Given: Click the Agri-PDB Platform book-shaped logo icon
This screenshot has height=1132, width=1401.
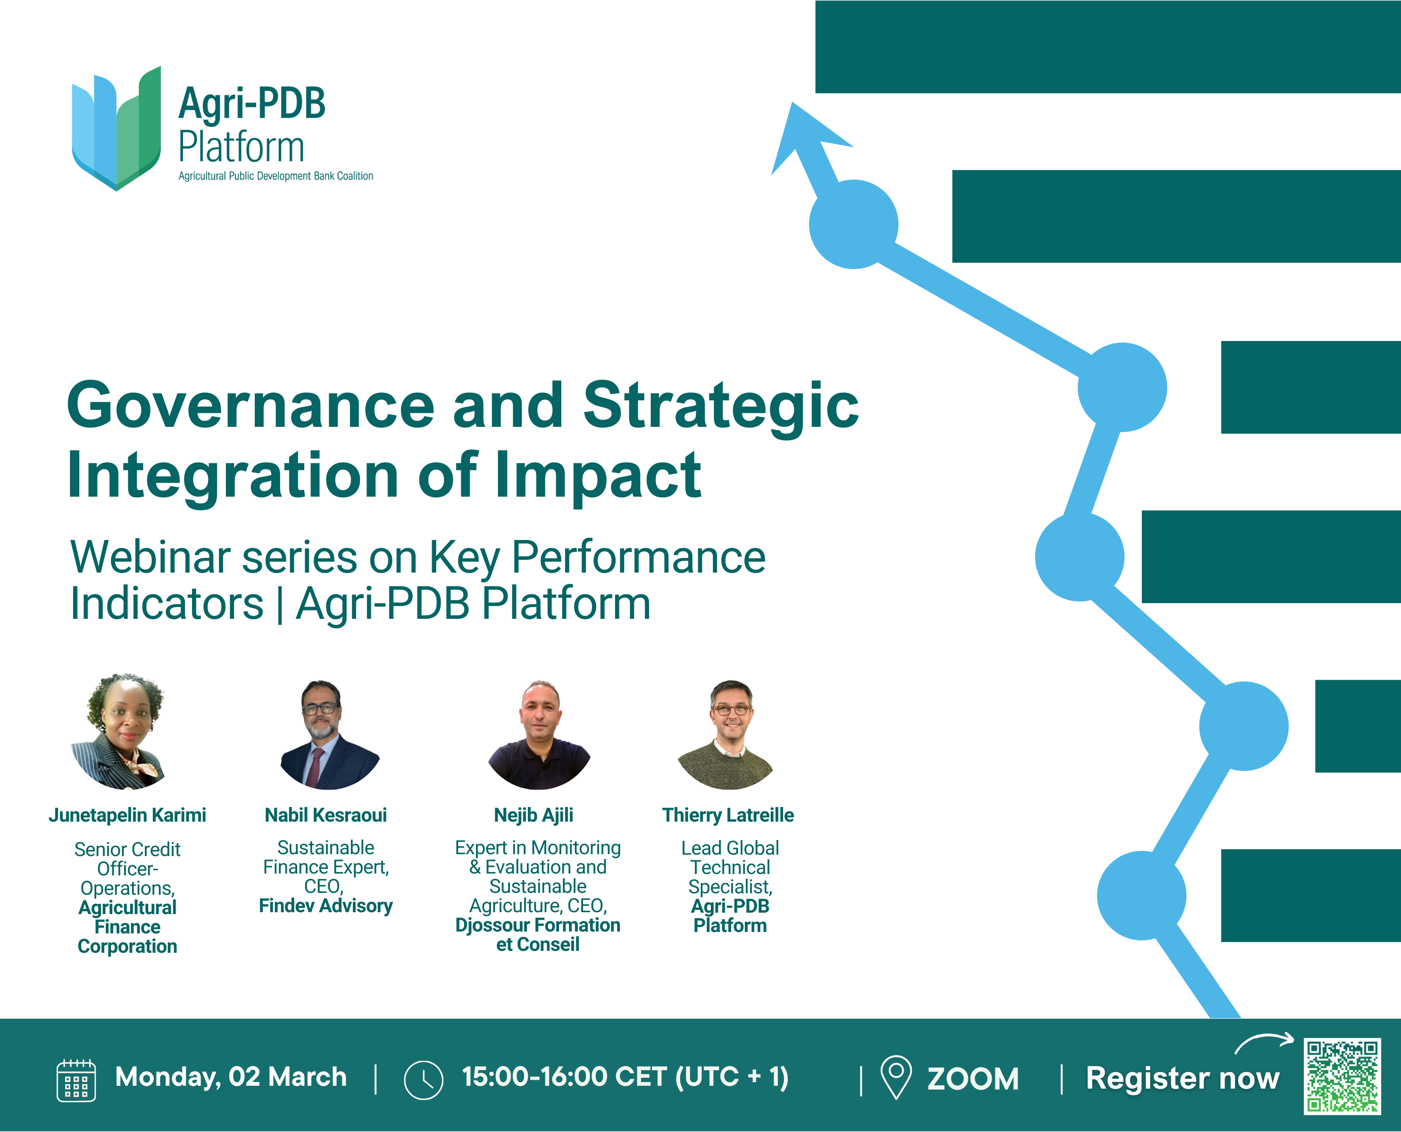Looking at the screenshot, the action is (x=116, y=128).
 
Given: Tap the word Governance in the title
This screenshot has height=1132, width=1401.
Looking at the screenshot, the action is (x=251, y=406).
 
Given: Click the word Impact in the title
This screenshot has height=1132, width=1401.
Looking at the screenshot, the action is (x=598, y=474).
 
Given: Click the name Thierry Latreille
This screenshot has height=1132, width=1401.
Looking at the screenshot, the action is (x=728, y=815).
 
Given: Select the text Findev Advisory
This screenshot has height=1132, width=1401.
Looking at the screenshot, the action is (x=325, y=906).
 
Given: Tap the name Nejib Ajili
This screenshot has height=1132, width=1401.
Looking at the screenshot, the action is (x=534, y=815).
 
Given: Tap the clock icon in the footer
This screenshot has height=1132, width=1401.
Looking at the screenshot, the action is (x=423, y=1080).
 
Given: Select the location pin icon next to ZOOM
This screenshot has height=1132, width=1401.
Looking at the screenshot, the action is (x=896, y=1078).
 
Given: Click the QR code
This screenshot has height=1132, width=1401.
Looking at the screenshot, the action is (x=1343, y=1076).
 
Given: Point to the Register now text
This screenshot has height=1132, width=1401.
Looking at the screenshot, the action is (x=1183, y=1078).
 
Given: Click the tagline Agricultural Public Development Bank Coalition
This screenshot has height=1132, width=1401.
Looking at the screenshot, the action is (x=276, y=176).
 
